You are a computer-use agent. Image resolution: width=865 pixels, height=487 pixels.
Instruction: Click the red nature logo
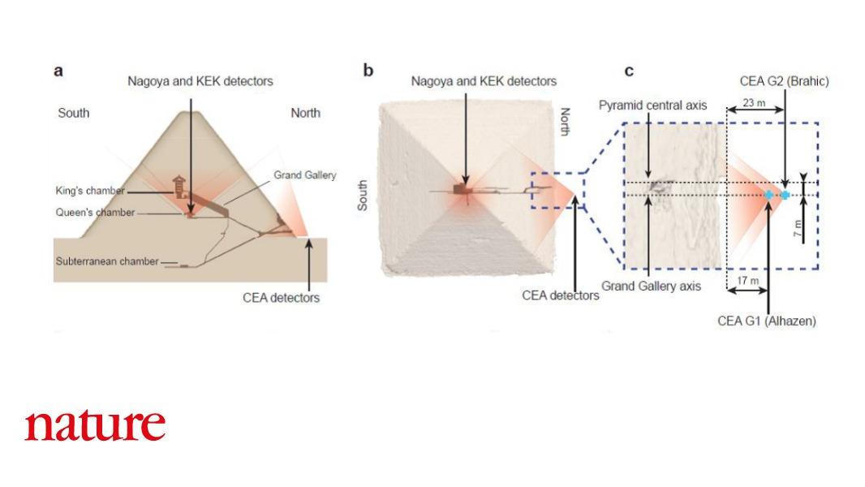point(95,425)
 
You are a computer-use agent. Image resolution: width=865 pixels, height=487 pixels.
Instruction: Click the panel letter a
point(58,71)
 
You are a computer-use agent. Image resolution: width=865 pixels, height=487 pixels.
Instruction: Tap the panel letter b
point(368,71)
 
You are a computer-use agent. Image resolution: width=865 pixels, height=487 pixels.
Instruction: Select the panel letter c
point(628,71)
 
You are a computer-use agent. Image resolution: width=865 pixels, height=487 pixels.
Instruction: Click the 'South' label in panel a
point(74,113)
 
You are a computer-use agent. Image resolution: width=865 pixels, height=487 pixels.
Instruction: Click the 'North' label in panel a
point(305,113)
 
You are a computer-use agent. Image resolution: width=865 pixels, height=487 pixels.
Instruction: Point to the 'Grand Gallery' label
point(304,175)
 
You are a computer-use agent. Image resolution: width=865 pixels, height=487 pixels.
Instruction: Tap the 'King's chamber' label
point(90,191)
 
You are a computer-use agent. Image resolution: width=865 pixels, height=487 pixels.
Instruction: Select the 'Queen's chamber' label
point(95,213)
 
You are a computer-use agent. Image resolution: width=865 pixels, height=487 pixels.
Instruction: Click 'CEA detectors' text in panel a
point(281,298)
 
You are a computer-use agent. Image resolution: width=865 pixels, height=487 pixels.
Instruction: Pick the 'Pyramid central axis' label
point(652,106)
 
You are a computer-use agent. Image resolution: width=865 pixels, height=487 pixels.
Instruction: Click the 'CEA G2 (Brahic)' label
point(784,82)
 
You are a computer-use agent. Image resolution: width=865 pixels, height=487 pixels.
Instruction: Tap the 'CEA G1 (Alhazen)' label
point(767,321)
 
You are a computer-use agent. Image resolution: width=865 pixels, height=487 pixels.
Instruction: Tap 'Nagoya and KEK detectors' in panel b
point(484,81)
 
